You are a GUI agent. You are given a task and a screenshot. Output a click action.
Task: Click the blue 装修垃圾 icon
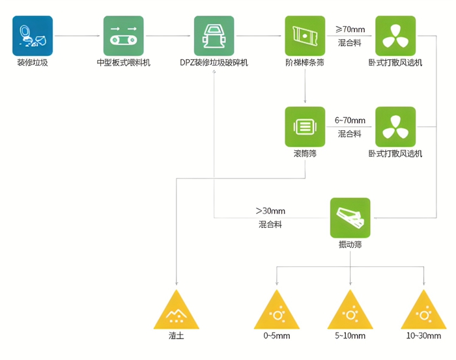(x=32, y=36)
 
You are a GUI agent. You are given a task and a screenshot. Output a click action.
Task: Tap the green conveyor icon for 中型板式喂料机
(x=123, y=36)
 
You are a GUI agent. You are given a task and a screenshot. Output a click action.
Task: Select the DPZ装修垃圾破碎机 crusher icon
(x=214, y=36)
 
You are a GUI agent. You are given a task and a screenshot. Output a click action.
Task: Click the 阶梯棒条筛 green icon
(x=305, y=36)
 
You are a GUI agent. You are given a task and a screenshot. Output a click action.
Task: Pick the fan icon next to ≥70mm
(x=395, y=36)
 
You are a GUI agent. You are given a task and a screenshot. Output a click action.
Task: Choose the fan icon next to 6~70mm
(x=395, y=126)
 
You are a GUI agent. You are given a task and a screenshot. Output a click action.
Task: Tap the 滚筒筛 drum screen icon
(x=305, y=126)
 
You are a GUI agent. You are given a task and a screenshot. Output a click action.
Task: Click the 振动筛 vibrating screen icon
(x=350, y=217)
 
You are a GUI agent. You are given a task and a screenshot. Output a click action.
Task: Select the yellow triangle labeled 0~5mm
(x=277, y=311)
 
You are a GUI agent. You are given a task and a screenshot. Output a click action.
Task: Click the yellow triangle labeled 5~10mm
(x=350, y=311)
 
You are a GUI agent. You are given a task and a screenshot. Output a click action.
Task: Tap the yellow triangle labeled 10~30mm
(x=423, y=311)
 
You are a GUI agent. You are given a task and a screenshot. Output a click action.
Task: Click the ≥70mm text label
(x=350, y=29)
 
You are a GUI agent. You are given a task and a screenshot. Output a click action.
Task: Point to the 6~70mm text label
(x=350, y=120)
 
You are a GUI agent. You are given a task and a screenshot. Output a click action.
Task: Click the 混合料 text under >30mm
(x=270, y=225)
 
